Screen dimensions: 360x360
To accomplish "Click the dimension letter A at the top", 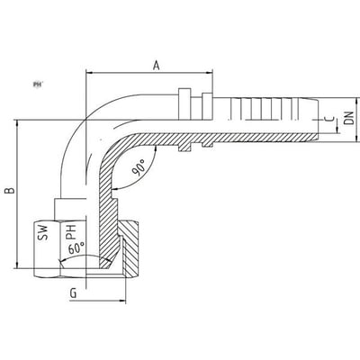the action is tap(156, 65).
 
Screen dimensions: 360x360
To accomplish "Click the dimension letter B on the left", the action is tap(11, 190).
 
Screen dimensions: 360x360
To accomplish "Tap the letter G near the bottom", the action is tap(73, 293).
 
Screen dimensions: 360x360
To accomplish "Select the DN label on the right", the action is tap(349, 118).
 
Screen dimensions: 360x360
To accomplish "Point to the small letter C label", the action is tap(329, 119).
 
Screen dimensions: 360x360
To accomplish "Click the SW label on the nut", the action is tap(42, 232).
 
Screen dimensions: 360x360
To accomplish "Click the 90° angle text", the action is tap(139, 167).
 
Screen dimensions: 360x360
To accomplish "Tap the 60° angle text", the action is tap(76, 248).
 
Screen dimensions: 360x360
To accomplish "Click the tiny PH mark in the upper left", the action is tap(37, 85).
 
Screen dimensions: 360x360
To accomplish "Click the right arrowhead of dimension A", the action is tap(209, 73).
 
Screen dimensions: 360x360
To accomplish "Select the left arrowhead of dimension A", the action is tap(90, 73).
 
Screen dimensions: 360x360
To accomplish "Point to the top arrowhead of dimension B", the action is tap(18, 123).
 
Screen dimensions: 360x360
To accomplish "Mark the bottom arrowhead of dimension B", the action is tap(18, 265).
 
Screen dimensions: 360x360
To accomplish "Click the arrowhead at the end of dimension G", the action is tap(122, 301).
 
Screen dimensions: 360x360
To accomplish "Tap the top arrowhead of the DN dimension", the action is tap(357, 102).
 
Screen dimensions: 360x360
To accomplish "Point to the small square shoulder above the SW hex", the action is tap(71, 209).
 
